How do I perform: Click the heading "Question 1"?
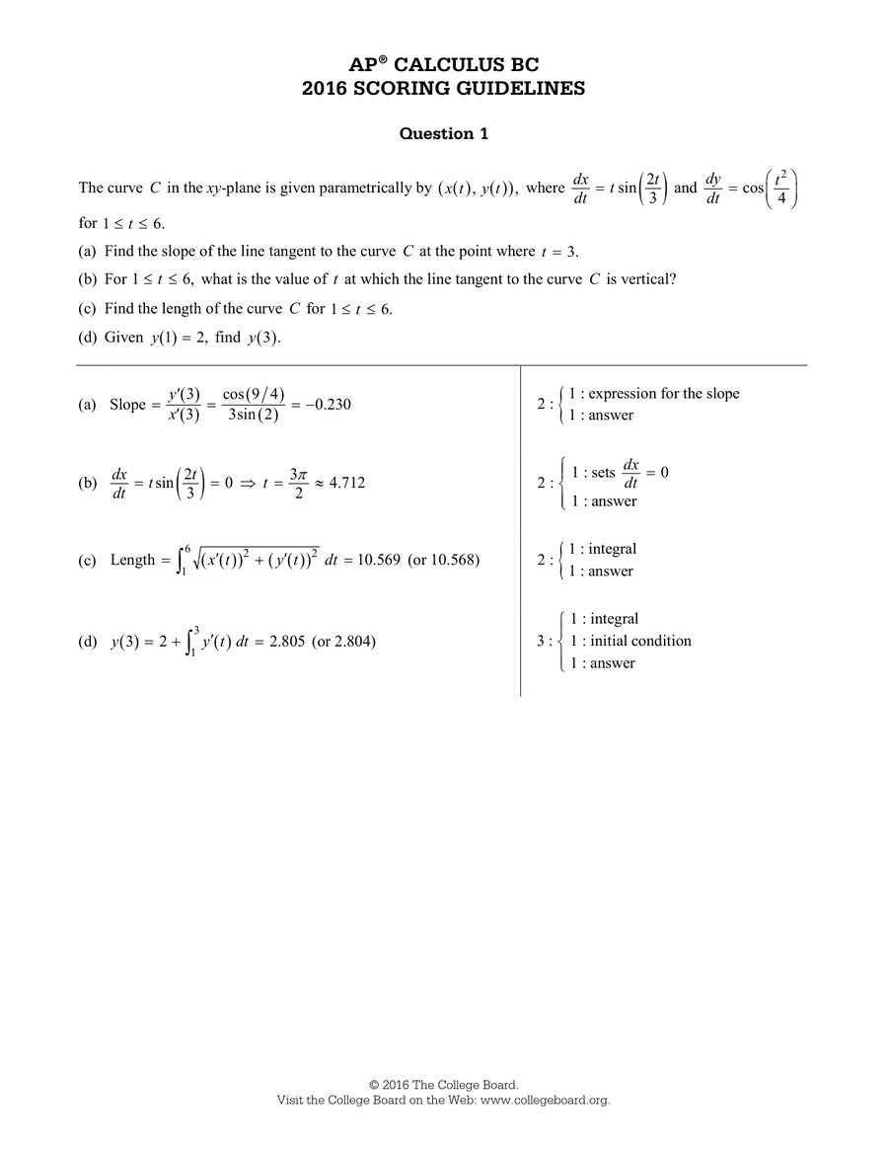click(x=443, y=133)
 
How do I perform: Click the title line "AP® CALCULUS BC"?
click(x=443, y=64)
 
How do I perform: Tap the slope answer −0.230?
click(x=325, y=405)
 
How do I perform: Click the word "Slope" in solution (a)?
click(x=128, y=405)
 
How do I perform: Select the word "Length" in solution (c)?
click(x=133, y=560)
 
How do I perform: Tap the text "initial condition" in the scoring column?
click(x=640, y=641)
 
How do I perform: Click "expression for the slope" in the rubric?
click(x=663, y=393)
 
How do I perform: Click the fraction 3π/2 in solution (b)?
click(x=299, y=483)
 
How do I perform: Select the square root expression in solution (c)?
click(x=254, y=559)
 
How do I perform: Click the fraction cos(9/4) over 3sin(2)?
click(x=254, y=405)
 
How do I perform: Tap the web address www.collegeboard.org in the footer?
click(x=545, y=1100)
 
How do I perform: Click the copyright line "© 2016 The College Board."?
click(x=443, y=1085)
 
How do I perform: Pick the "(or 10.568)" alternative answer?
click(x=443, y=560)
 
